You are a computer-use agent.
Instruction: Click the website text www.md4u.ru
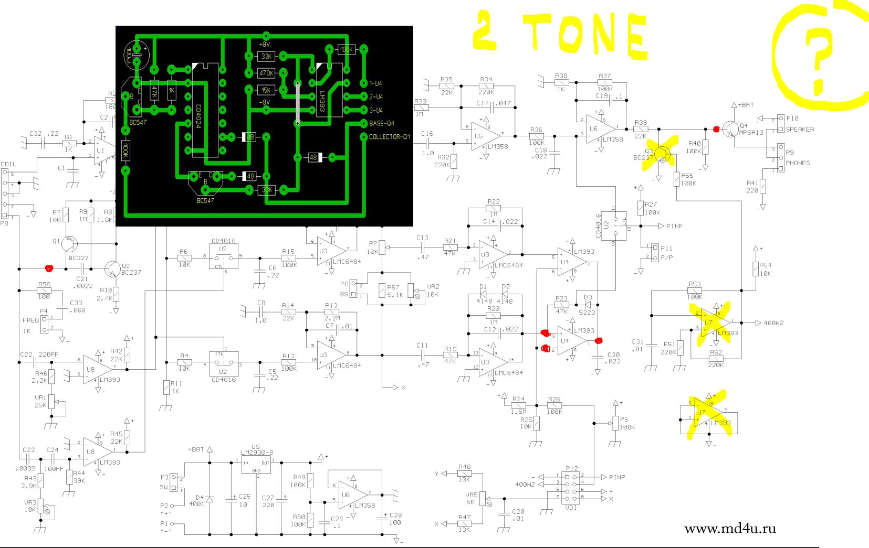(x=730, y=529)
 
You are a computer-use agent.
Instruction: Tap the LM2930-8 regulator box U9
(x=256, y=464)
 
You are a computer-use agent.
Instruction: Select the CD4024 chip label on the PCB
(x=198, y=116)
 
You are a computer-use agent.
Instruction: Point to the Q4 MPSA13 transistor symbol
(x=729, y=128)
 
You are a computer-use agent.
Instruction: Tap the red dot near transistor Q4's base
(x=716, y=129)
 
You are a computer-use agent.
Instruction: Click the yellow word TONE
(x=585, y=34)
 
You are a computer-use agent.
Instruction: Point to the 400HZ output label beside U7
(x=773, y=323)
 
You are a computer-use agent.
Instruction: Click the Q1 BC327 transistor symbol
(x=69, y=244)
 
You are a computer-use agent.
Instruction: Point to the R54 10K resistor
(x=756, y=269)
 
